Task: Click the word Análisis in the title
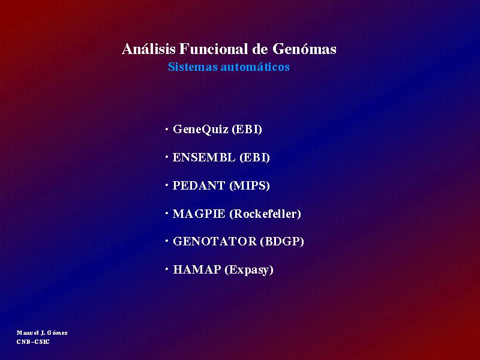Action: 149,49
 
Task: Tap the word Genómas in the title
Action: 304,49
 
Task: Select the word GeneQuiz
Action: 200,130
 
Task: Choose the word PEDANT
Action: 199,185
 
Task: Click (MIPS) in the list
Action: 250,186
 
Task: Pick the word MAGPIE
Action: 199,214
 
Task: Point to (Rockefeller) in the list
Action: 265,214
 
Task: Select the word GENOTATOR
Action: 215,242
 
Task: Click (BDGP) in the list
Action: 282,242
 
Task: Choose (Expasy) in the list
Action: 249,270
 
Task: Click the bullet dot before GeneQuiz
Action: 167,130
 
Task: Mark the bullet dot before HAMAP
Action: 167,269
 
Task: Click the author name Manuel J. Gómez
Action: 42,333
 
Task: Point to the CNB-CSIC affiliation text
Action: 33,341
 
